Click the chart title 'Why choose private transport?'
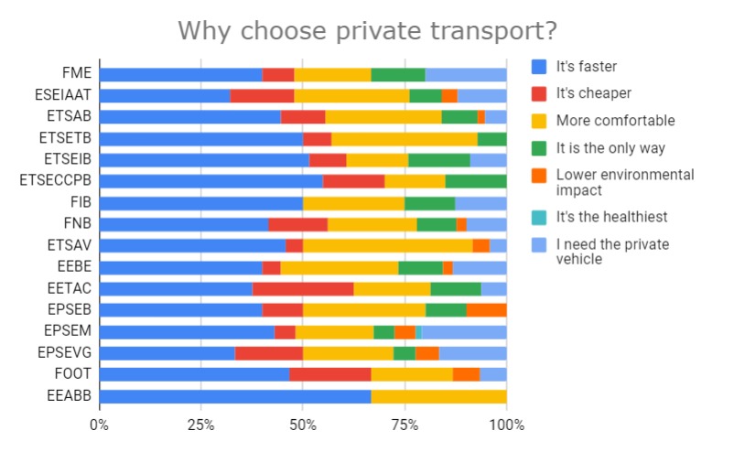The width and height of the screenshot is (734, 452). (367, 30)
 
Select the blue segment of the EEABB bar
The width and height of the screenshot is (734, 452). (235, 396)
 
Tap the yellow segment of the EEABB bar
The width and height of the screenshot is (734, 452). (438, 396)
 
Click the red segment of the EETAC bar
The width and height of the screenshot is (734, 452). (303, 288)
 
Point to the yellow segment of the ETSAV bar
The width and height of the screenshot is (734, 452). (387, 245)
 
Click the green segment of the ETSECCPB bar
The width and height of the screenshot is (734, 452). (476, 181)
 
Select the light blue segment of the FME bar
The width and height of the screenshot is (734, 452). (466, 74)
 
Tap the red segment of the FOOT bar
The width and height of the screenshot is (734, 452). (330, 374)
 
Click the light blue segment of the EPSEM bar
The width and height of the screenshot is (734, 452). (464, 331)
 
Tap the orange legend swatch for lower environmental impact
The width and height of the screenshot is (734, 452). (539, 175)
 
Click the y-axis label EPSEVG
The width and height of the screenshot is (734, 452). (66, 352)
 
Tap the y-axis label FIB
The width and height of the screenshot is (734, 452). (80, 202)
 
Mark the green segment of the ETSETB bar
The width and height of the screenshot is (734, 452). (492, 138)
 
